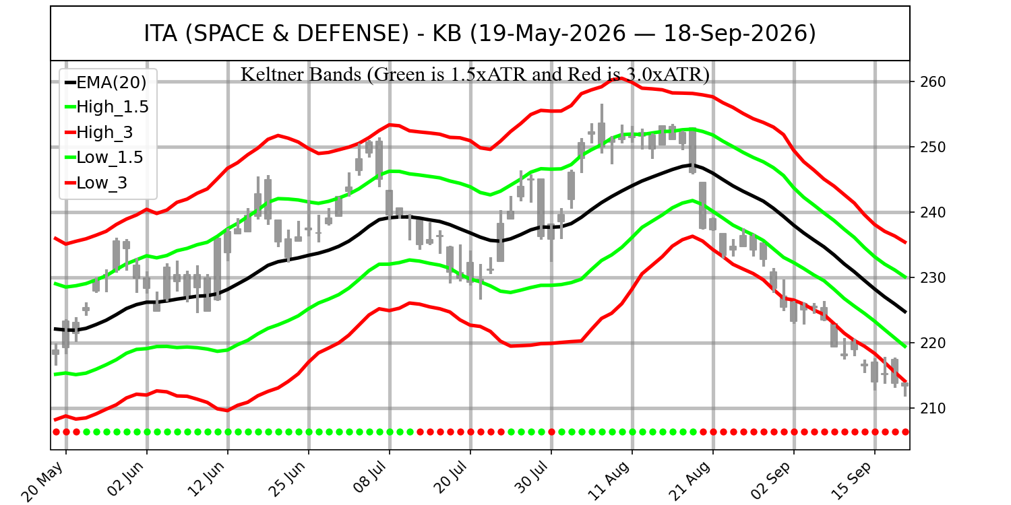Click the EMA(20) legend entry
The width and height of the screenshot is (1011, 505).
(x=106, y=83)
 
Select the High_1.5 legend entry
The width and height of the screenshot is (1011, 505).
(x=107, y=107)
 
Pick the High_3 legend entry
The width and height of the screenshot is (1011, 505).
(x=99, y=133)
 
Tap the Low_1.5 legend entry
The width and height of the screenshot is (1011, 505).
(x=104, y=158)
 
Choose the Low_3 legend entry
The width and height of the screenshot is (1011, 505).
(x=96, y=183)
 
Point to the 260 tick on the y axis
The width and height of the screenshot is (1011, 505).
(x=929, y=82)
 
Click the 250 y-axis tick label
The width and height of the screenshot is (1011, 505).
(x=929, y=147)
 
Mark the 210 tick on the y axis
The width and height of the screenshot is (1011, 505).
(x=929, y=409)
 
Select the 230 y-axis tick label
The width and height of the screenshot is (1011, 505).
(x=929, y=277)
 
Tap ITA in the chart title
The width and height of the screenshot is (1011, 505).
(x=160, y=34)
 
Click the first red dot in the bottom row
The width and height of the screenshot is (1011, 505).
(x=56, y=432)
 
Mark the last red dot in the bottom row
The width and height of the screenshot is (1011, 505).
(x=905, y=432)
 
